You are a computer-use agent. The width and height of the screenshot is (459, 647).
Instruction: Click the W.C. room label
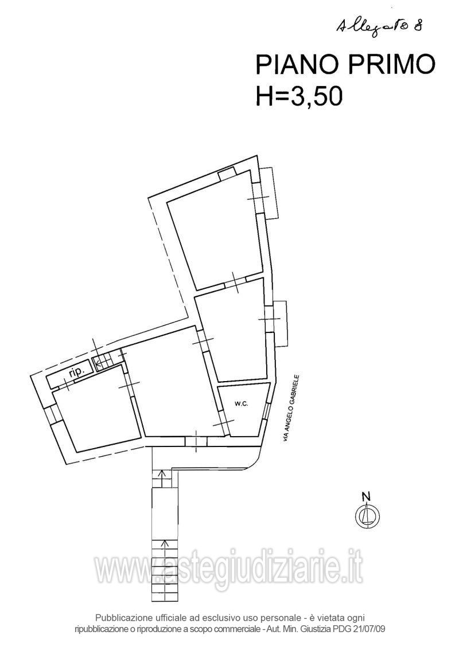242,404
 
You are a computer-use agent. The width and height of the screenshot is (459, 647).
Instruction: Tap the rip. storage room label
76,372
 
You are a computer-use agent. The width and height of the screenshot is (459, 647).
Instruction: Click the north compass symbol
367,515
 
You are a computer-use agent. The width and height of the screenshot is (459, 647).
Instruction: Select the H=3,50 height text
299,96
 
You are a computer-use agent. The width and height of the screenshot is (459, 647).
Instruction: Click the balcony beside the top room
270,193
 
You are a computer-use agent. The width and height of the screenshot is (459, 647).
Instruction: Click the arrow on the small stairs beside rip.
101,363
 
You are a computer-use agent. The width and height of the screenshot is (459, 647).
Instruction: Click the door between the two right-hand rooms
236,283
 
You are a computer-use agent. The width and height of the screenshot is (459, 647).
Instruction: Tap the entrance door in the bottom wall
196,441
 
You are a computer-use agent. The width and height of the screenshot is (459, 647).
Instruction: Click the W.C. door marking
223,423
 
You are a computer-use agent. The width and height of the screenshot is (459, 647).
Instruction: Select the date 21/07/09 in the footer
371,630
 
